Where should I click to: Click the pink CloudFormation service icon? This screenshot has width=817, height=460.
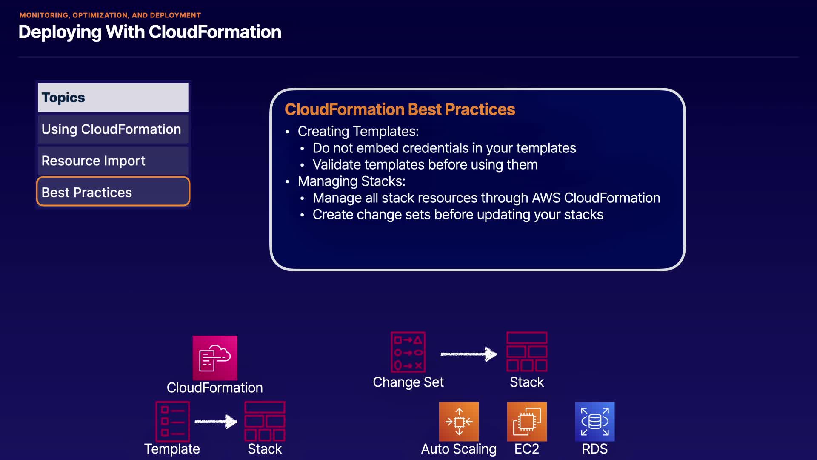215,358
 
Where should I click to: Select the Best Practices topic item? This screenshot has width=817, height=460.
113,192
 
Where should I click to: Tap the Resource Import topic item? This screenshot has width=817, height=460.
113,161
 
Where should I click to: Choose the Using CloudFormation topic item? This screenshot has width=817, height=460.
113,129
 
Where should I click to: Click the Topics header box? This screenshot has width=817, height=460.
113,98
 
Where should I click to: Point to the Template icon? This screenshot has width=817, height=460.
172,421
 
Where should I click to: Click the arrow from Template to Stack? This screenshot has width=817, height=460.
216,422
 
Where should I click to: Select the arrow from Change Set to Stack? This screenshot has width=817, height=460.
468,354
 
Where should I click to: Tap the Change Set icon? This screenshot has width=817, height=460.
408,352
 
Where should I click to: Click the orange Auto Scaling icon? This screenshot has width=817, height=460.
459,422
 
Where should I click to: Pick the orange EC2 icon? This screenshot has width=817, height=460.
527,422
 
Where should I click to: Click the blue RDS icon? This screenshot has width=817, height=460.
595,422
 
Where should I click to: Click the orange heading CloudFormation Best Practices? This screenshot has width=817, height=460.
400,109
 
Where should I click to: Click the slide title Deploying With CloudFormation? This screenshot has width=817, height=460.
150,32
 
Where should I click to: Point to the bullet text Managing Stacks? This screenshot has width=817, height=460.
351,181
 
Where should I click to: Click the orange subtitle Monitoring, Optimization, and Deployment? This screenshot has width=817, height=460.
110,15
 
